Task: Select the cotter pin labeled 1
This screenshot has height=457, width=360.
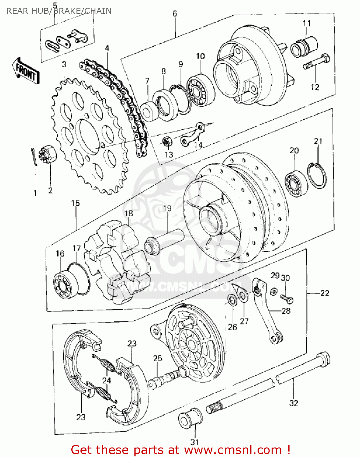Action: pyautogui.click(x=34, y=157)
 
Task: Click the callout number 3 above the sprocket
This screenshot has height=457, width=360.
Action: pyautogui.click(x=64, y=65)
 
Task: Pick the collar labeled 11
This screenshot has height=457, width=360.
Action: pyautogui.click(x=305, y=46)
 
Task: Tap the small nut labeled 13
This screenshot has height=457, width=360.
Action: pyautogui.click(x=166, y=141)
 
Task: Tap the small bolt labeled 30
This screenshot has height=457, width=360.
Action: pyautogui.click(x=287, y=298)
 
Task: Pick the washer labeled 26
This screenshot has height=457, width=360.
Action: pyautogui.click(x=232, y=299)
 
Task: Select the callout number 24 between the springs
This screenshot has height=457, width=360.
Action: pyautogui.click(x=106, y=380)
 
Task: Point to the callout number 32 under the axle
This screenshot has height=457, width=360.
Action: pyautogui.click(x=293, y=403)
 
